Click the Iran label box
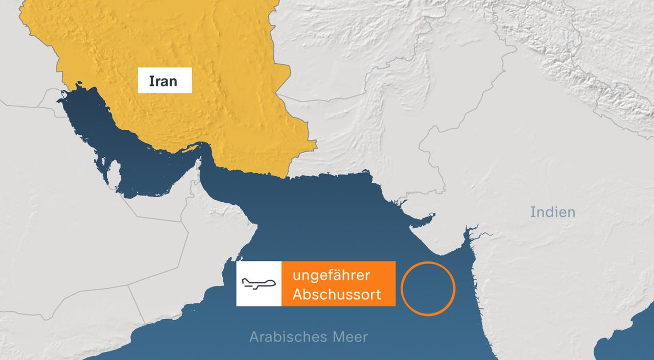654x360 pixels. (x=165, y=80)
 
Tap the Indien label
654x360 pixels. (x=552, y=212)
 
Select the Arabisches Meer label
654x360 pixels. (x=309, y=337)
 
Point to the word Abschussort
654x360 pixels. (x=337, y=295)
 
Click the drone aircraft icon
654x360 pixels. (x=259, y=284)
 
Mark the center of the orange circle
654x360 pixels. (x=428, y=289)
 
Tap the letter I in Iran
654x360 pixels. (x=151, y=81)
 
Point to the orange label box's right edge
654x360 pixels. (x=394, y=284)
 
